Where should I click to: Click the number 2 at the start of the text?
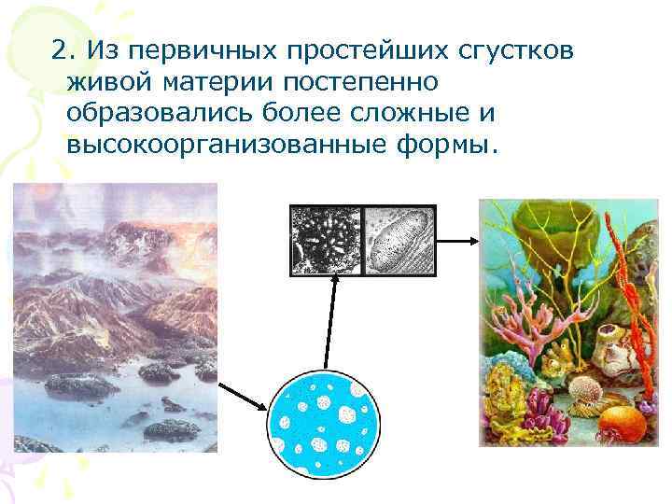(x=60, y=49)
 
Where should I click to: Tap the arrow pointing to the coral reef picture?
(x=456, y=240)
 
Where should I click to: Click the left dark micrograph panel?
(x=326, y=240)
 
